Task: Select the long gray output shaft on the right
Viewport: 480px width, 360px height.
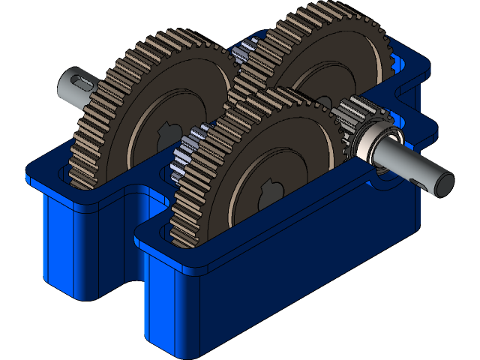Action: point(409,162)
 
